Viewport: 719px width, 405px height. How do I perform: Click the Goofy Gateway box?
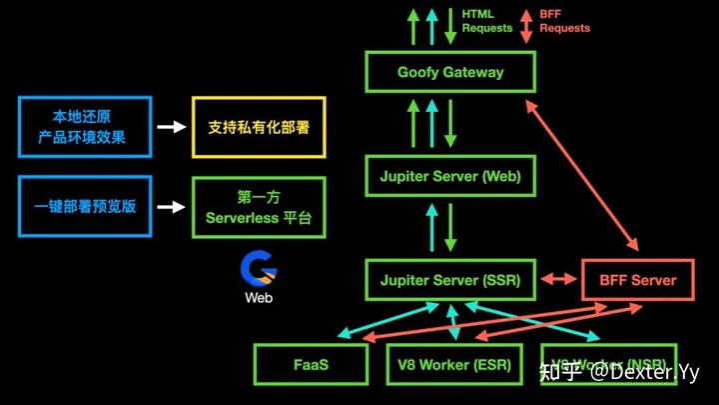pyautogui.click(x=449, y=72)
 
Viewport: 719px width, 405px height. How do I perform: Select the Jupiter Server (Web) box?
pyautogui.click(x=449, y=177)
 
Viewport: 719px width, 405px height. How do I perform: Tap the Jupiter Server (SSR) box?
pyautogui.click(x=449, y=280)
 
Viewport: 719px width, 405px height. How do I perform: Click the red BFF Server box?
pyautogui.click(x=637, y=280)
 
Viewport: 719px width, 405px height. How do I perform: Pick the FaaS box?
pyautogui.click(x=312, y=365)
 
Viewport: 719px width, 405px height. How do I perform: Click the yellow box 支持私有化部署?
pyautogui.click(x=259, y=127)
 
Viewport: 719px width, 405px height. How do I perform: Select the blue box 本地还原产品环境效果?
pyautogui.click(x=84, y=127)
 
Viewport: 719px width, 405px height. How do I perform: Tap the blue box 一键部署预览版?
pyautogui.click(x=84, y=207)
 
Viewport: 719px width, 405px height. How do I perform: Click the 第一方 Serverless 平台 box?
pyautogui.click(x=259, y=207)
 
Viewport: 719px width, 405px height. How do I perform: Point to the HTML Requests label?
pyautogui.click(x=487, y=21)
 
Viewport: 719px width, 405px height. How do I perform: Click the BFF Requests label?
pyautogui.click(x=564, y=21)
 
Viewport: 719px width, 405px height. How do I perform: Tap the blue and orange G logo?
pyautogui.click(x=259, y=268)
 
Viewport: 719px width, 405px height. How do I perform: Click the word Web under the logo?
pyautogui.click(x=259, y=297)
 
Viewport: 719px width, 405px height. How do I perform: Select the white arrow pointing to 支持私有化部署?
pyautogui.click(x=172, y=127)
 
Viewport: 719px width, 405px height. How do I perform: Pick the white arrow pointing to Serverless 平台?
pyautogui.click(x=172, y=207)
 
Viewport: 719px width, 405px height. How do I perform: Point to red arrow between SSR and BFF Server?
pyautogui.click(x=559, y=280)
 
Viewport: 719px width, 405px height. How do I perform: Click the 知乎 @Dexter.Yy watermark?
pyautogui.click(x=619, y=372)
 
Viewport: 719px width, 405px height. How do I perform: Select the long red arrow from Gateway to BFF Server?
pyautogui.click(x=589, y=165)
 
